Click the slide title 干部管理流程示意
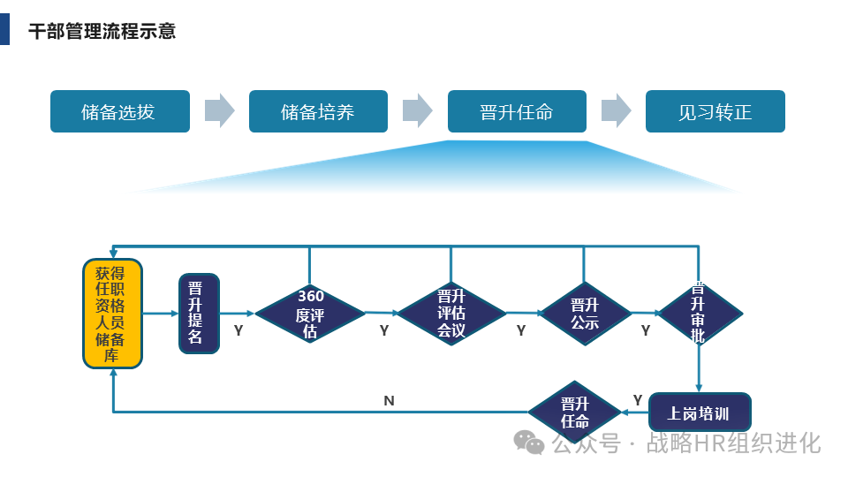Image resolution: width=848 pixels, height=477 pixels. tap(102, 31)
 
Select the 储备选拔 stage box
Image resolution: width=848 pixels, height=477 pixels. tap(120, 111)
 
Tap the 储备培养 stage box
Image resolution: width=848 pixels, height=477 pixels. tap(318, 111)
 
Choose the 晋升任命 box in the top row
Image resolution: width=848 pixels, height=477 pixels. tap(517, 111)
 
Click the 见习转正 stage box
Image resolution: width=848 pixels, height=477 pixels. tap(715, 111)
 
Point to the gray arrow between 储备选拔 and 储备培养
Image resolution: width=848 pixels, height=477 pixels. tap(219, 110)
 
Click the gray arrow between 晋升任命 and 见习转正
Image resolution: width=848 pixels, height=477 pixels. tap(616, 110)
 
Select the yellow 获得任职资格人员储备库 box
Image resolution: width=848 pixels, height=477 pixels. tap(112, 313)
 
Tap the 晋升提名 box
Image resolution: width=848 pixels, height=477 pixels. tap(198, 314)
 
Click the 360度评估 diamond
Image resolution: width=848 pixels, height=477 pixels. tap(310, 313)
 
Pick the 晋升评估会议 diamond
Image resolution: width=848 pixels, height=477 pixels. tap(451, 313)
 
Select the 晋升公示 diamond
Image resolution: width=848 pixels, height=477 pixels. tap(584, 313)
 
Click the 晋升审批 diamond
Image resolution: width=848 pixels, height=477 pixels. tap(700, 313)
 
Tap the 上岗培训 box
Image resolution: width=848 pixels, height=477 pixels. tap(700, 413)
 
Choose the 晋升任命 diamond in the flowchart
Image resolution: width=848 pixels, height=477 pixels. tap(575, 413)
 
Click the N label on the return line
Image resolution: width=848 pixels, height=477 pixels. tap(389, 400)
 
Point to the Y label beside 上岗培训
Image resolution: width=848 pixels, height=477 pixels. tap(638, 399)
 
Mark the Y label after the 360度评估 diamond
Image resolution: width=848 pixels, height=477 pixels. tap(384, 330)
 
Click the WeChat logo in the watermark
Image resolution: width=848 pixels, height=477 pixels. tap(530, 442)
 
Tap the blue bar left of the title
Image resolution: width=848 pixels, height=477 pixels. tap(4, 28)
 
